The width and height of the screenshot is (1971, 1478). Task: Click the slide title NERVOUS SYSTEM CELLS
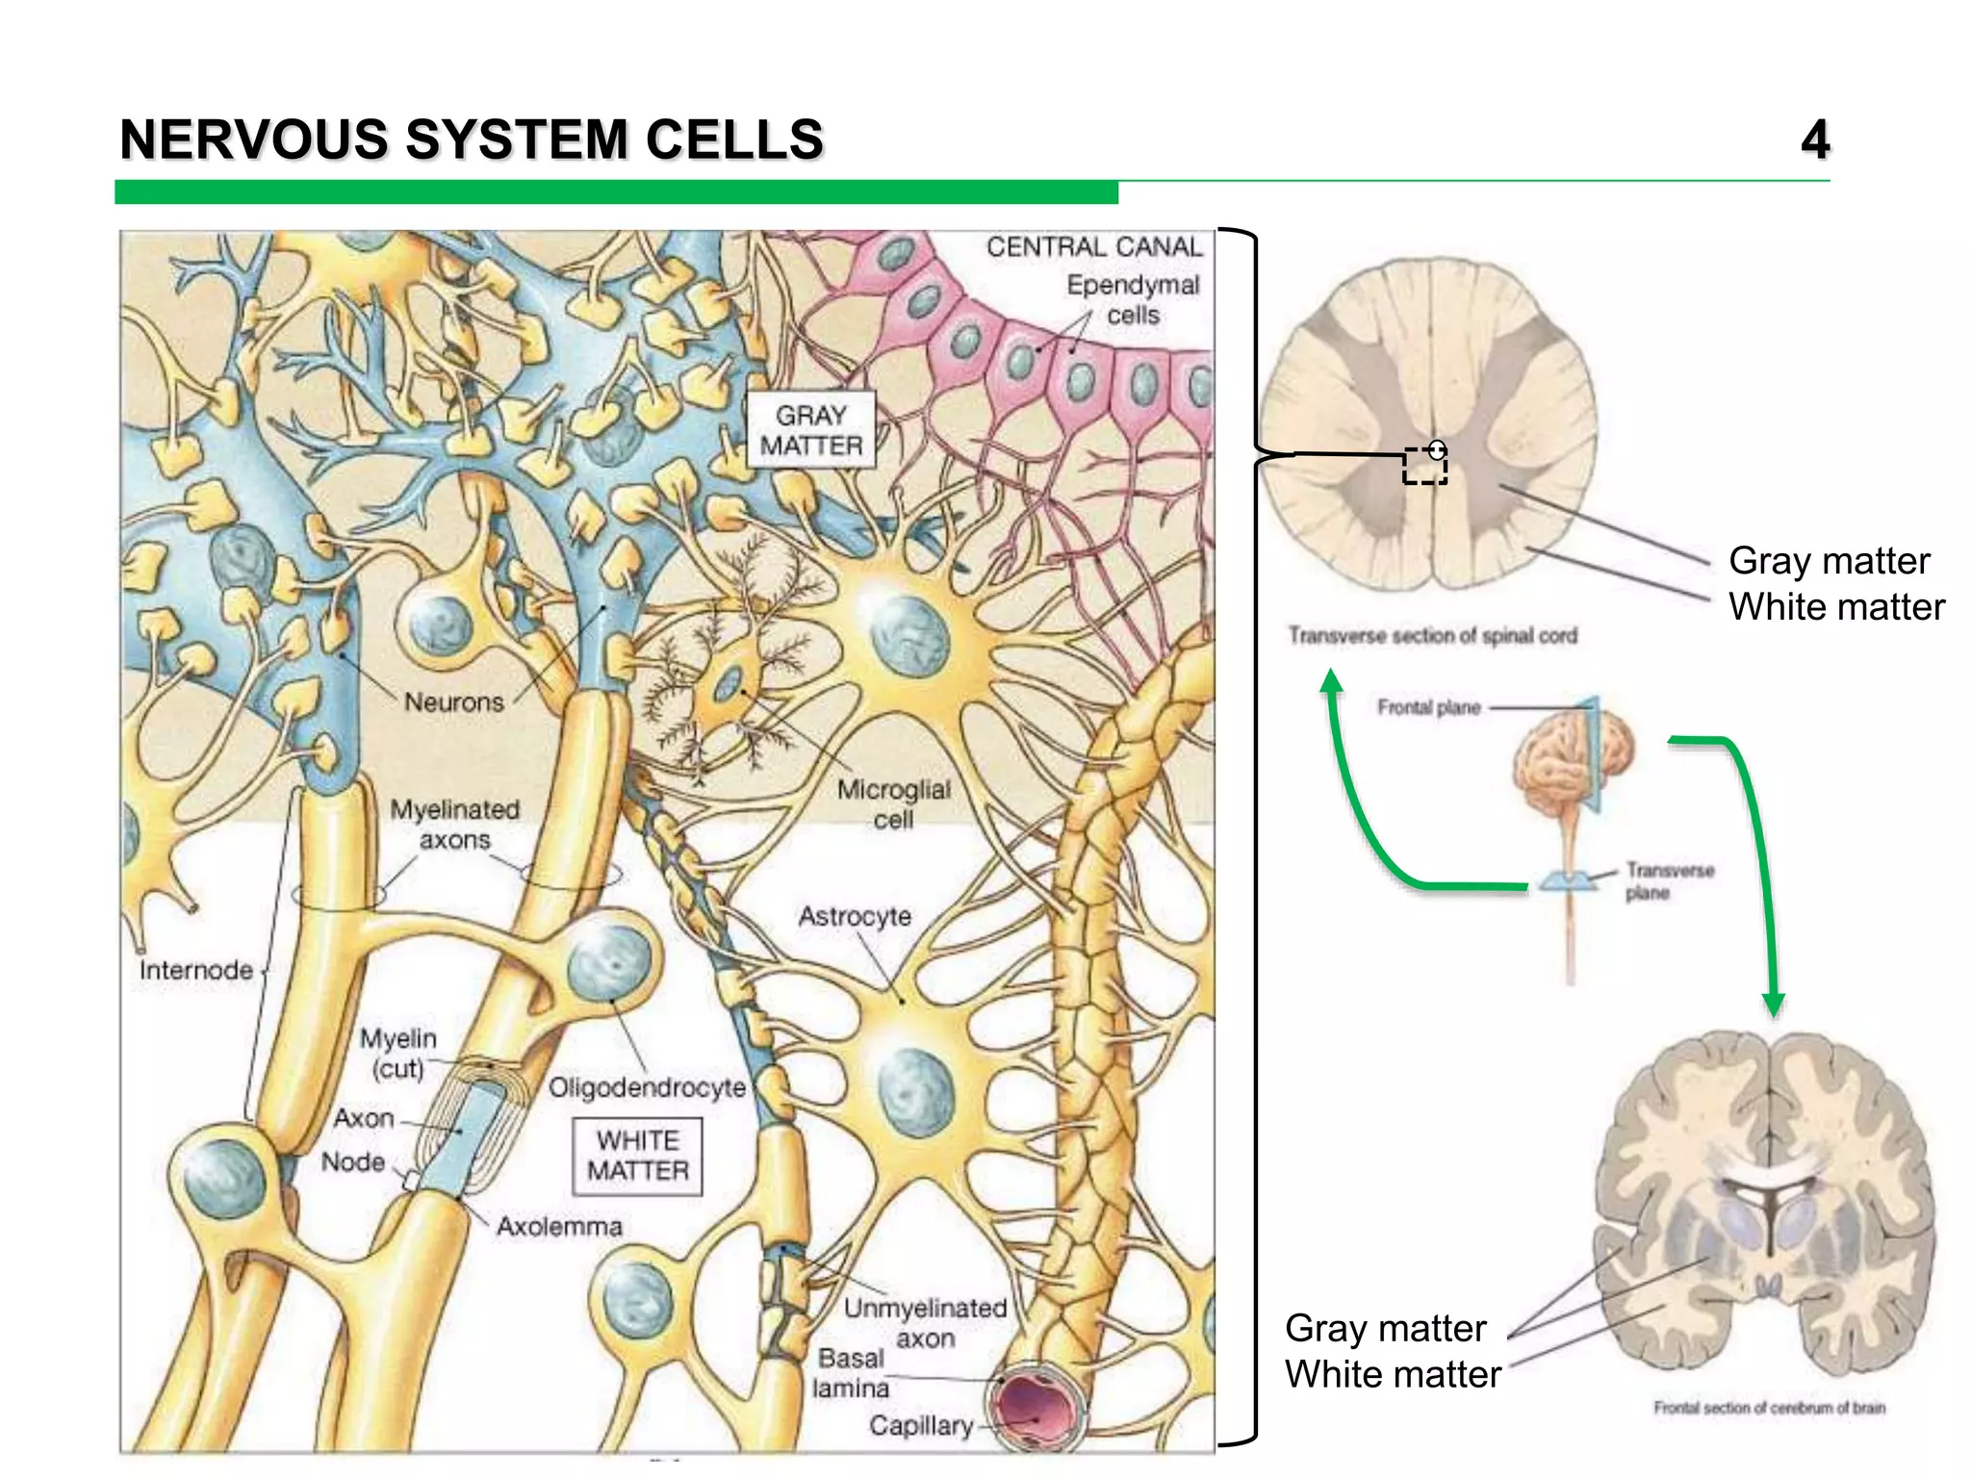click(472, 140)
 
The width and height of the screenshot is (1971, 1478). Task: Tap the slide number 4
click(1814, 140)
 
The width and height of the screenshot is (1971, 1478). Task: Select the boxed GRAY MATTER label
click(811, 430)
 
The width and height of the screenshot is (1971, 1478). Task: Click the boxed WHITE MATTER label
click(637, 1156)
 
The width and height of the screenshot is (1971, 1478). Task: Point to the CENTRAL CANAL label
click(1094, 247)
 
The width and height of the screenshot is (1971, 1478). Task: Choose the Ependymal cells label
click(1133, 299)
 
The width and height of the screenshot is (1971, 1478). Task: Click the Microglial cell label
click(893, 804)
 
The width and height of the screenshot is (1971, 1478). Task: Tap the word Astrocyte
click(855, 916)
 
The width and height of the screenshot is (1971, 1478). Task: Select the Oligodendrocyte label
click(647, 1087)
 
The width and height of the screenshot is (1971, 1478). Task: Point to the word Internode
click(195, 970)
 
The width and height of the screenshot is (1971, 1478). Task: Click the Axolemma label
click(559, 1226)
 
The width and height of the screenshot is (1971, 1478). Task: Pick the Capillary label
click(921, 1425)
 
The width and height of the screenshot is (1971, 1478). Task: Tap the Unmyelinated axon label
click(925, 1323)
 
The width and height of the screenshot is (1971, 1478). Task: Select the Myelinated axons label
click(454, 825)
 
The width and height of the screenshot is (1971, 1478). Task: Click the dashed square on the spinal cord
click(1424, 467)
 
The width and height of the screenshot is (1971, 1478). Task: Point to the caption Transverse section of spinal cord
click(1432, 636)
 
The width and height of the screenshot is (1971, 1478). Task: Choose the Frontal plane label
click(1428, 708)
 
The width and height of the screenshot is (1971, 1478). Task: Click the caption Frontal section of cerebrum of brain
click(1769, 1408)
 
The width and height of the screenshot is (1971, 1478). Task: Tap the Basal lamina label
click(850, 1373)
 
